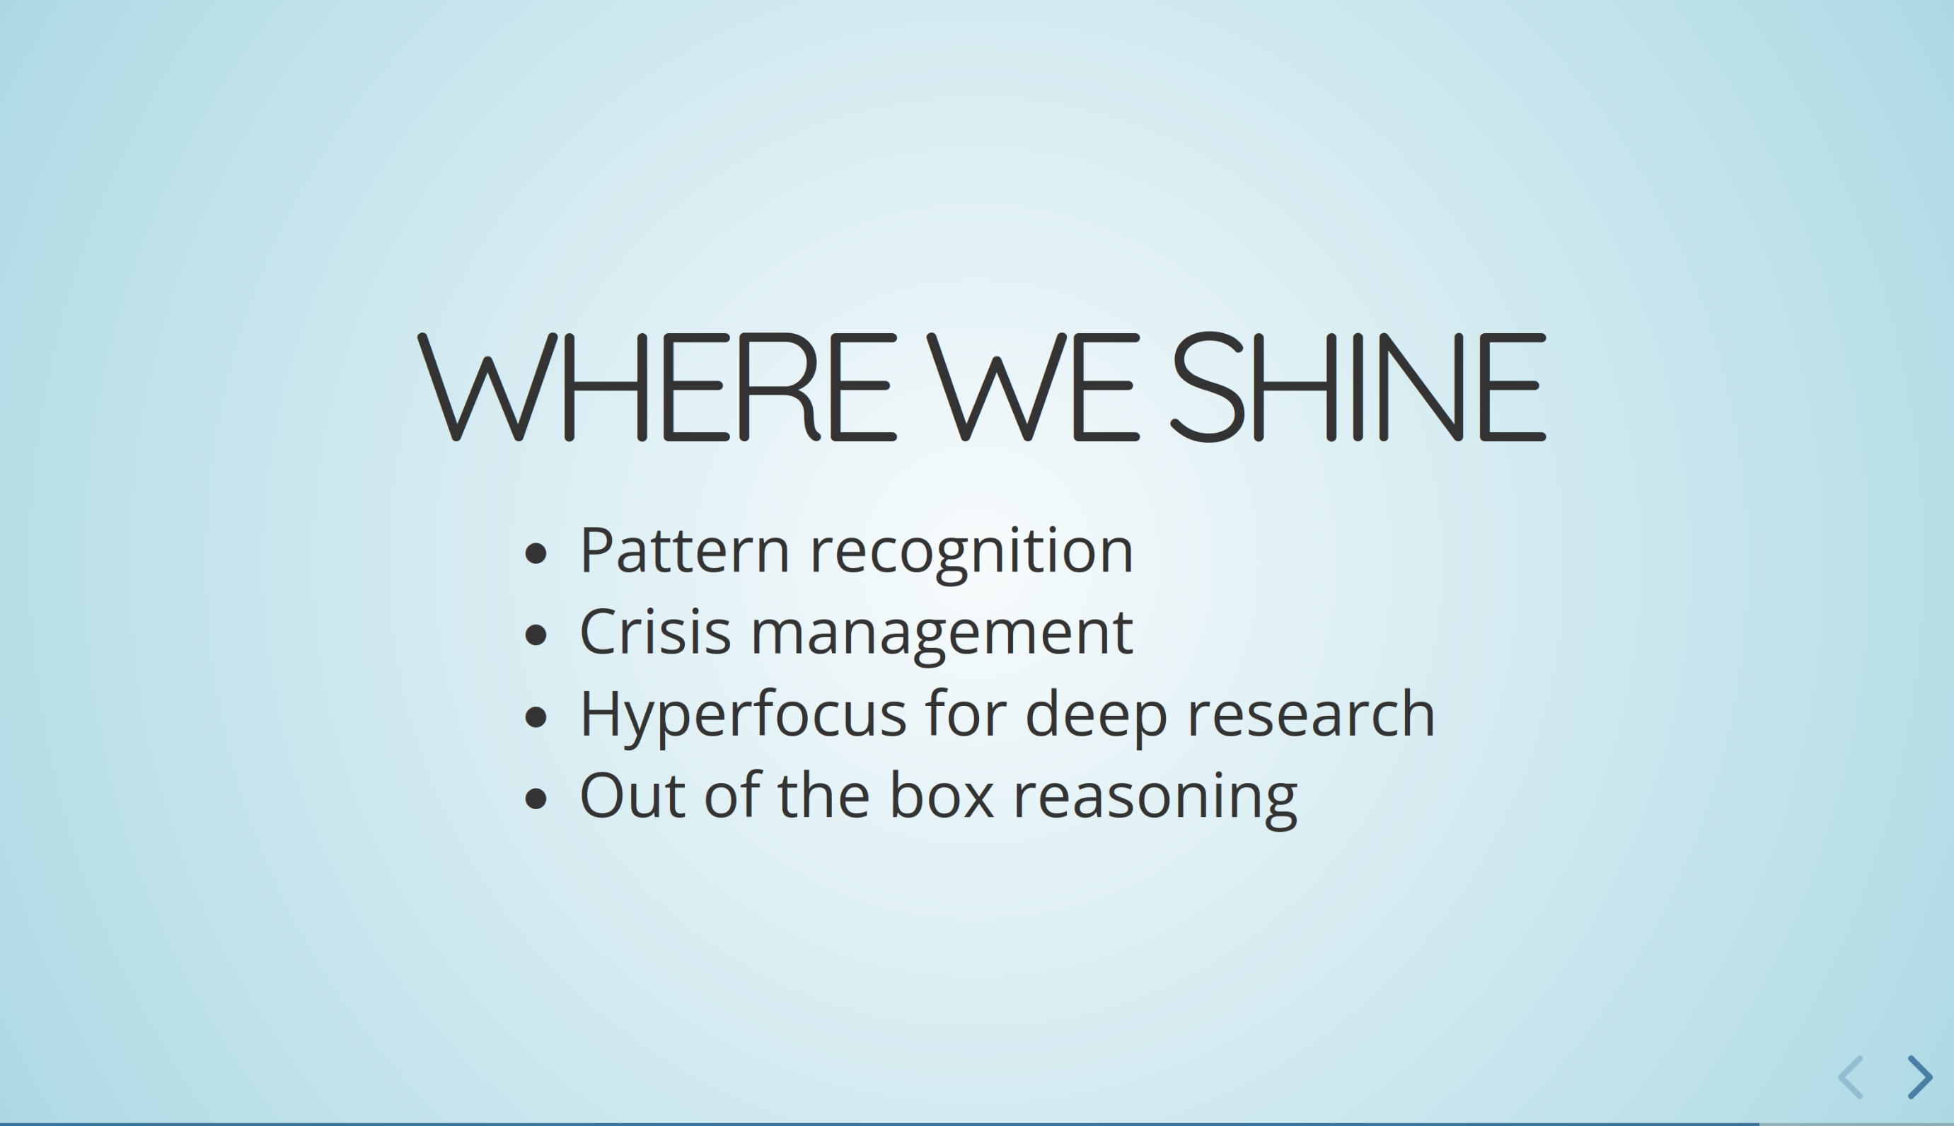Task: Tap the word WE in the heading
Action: tap(1033, 387)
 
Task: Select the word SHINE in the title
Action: tap(1358, 387)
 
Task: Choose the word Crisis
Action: tap(655, 632)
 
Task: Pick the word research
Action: tap(1311, 713)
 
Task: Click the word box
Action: tap(942, 794)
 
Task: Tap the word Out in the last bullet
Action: tap(632, 795)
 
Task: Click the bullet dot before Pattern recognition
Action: tap(536, 554)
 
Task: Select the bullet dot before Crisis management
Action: tap(536, 635)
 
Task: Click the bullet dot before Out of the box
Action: tap(536, 798)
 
